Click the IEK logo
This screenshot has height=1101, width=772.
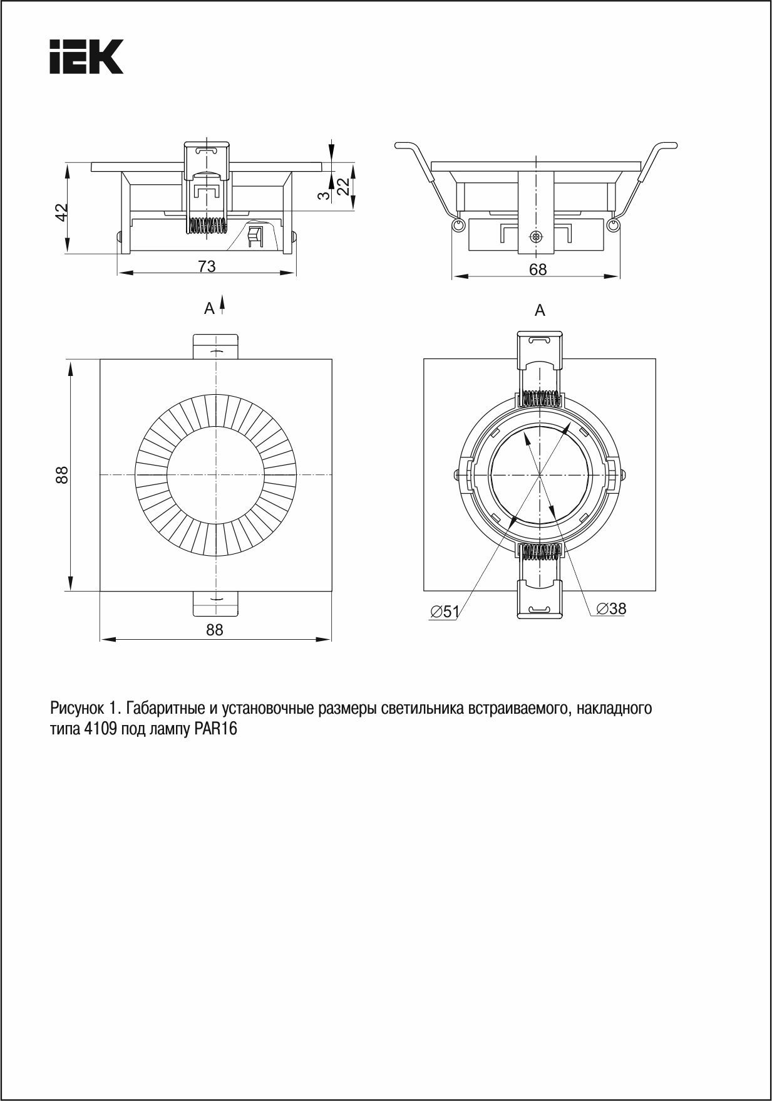click(x=86, y=57)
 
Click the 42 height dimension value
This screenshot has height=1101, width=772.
click(x=61, y=212)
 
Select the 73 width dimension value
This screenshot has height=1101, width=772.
click(x=207, y=266)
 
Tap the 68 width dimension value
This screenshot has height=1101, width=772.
click(x=537, y=269)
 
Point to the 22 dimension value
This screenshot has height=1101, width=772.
click(x=342, y=186)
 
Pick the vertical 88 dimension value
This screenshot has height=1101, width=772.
click(x=61, y=474)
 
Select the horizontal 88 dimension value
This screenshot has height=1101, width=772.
click(x=215, y=630)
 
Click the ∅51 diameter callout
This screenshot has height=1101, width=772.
click(x=445, y=612)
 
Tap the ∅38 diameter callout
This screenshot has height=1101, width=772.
click(x=611, y=608)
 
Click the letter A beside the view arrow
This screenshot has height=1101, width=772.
click(x=209, y=308)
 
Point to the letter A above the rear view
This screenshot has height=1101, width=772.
click(x=540, y=310)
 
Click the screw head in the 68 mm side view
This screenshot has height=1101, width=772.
click(x=535, y=236)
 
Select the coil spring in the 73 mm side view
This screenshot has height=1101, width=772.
click(x=206, y=226)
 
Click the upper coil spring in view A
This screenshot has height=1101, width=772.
click(x=540, y=397)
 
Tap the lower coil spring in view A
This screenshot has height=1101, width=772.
click(x=540, y=551)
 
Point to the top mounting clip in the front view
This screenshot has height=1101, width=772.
click(x=215, y=347)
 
